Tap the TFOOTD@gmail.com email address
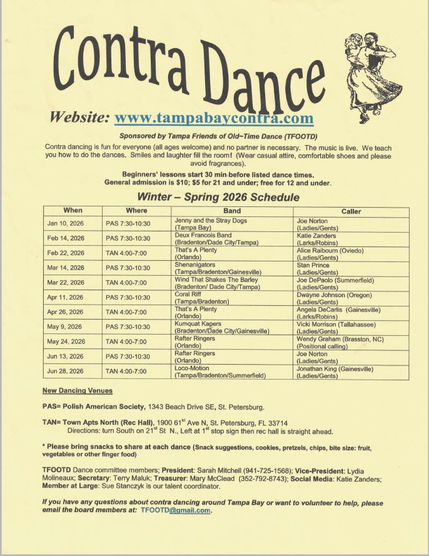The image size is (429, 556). [175, 510]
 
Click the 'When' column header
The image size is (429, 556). [72, 211]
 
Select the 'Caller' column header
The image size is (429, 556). [351, 211]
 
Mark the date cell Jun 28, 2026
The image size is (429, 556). [66, 372]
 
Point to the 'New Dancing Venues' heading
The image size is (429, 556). [78, 391]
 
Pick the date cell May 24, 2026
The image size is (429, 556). [66, 342]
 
